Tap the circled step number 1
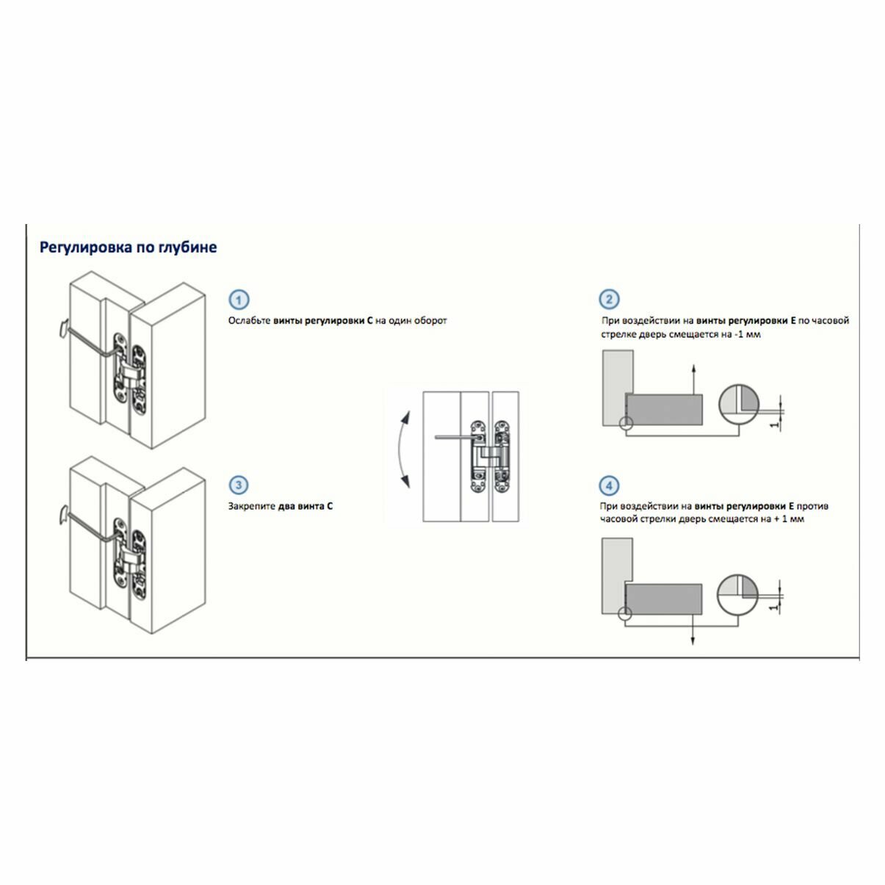(x=239, y=300)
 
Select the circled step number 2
(x=609, y=300)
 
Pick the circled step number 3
(x=239, y=485)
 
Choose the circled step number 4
(x=609, y=485)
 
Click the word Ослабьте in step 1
(x=249, y=321)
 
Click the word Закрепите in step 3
(x=252, y=507)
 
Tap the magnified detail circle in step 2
(x=738, y=404)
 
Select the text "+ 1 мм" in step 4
(x=787, y=519)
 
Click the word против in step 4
(x=814, y=507)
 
